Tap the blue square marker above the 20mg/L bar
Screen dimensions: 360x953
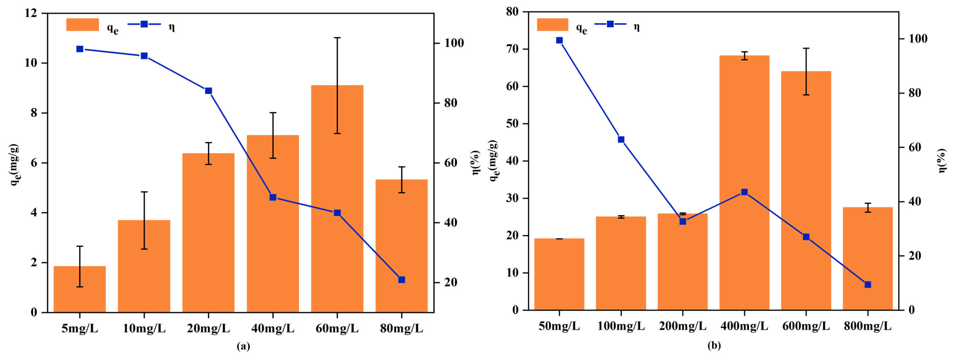[x=208, y=91]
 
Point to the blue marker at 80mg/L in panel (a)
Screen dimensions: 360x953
[x=401, y=280]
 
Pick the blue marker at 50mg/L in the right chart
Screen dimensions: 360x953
[x=559, y=40]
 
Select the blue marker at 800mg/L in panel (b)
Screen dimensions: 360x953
[x=868, y=284]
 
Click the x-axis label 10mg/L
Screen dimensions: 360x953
[x=144, y=328]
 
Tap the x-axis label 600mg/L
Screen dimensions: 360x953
[x=806, y=326]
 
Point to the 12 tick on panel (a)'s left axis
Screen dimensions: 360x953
[x=32, y=13]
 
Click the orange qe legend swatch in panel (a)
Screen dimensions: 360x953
[x=82, y=25]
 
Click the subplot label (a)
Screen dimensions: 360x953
[x=243, y=346]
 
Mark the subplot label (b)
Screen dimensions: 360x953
[x=714, y=346]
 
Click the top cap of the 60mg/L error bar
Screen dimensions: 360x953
[x=337, y=38]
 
